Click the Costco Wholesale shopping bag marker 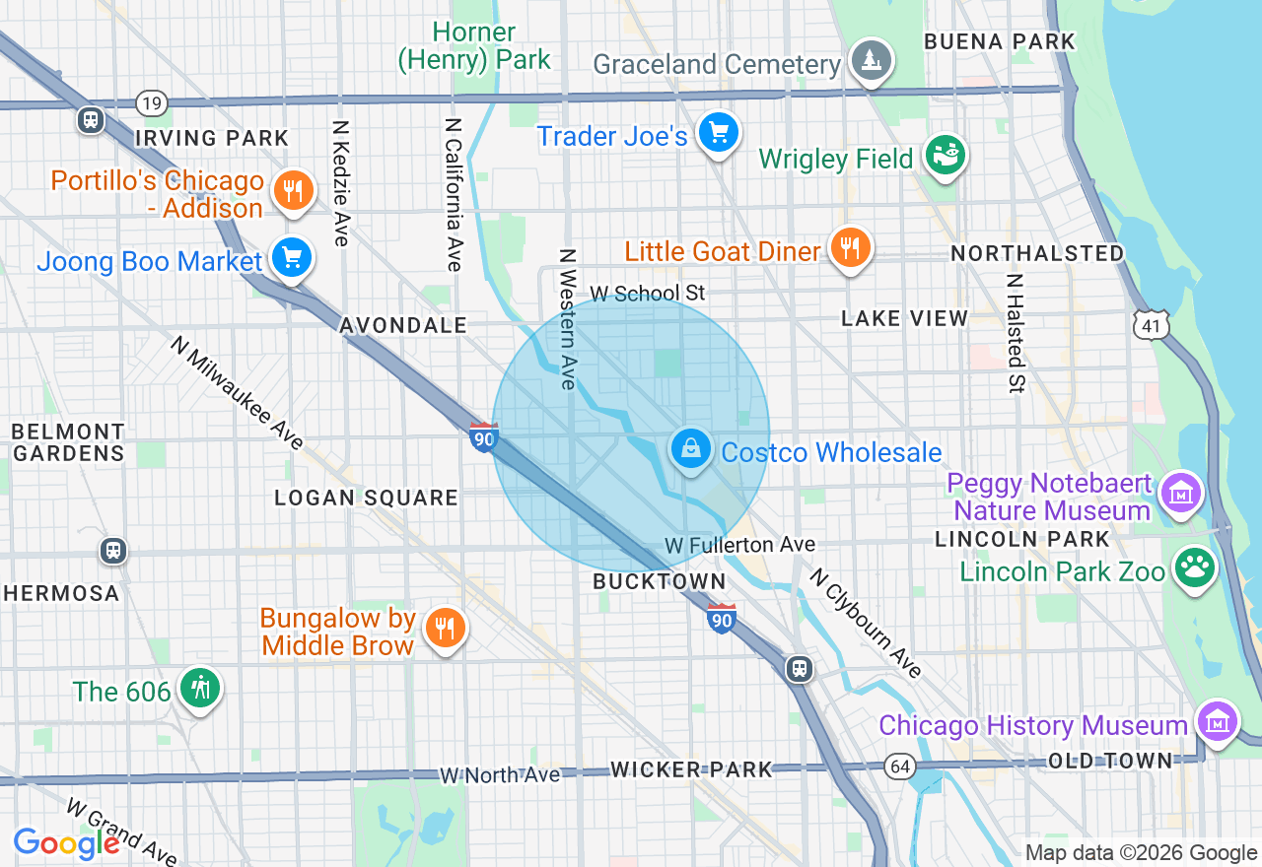click(x=691, y=449)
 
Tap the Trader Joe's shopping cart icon click(x=718, y=132)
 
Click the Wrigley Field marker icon click(x=945, y=155)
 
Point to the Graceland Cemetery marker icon click(x=871, y=60)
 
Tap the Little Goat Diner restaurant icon click(x=848, y=246)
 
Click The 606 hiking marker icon click(x=200, y=688)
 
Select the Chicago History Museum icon click(x=1218, y=722)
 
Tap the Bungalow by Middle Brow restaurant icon click(x=445, y=627)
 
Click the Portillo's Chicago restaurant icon click(x=292, y=189)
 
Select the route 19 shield click(x=151, y=102)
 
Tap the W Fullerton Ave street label click(x=739, y=545)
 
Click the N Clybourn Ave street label click(x=866, y=624)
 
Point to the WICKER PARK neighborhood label click(x=691, y=769)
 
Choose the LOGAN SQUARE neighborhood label click(x=366, y=498)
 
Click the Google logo click(x=66, y=843)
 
